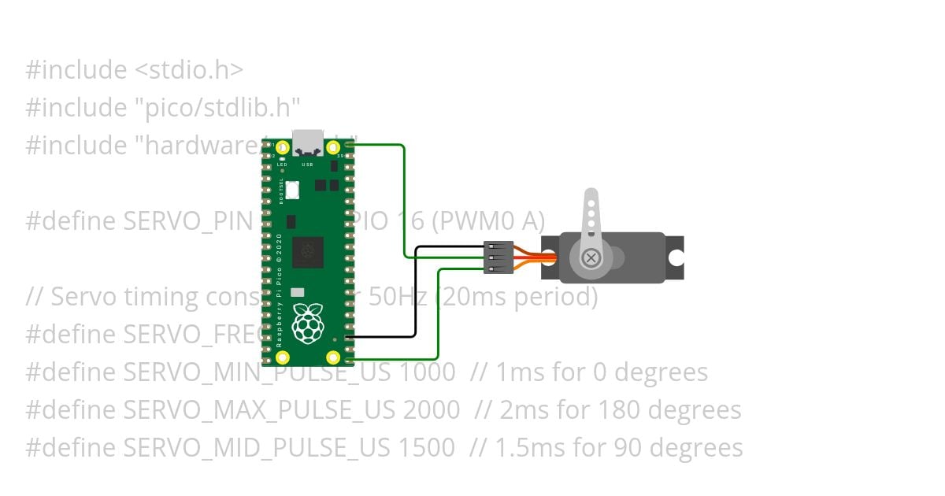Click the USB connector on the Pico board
tap(308, 142)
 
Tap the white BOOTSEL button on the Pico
tap(292, 190)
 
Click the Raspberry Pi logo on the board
tap(307, 323)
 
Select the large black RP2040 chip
tap(307, 252)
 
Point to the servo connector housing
tap(498, 257)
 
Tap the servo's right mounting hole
tap(676, 257)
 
